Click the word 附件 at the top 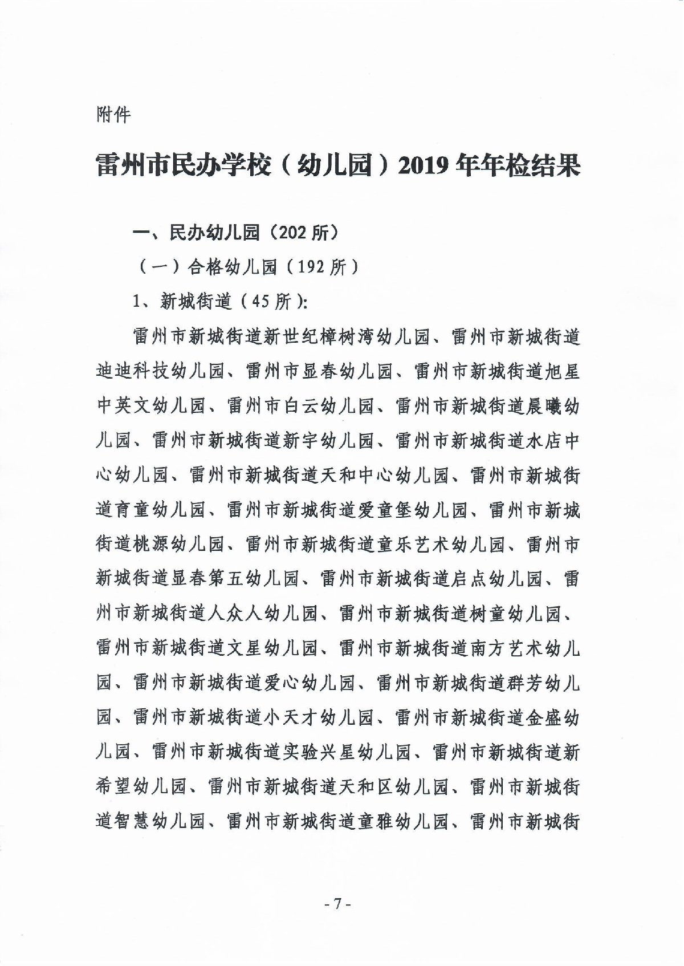click(x=113, y=115)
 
